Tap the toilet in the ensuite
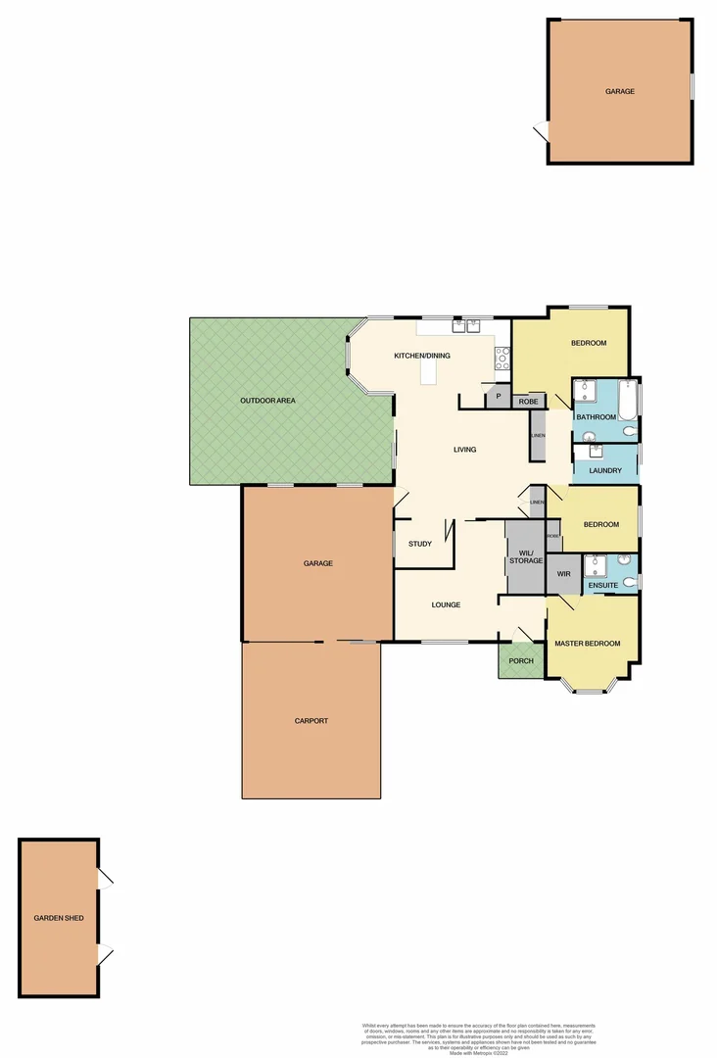click(x=630, y=582)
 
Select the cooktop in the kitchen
click(x=503, y=358)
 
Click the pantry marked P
click(x=498, y=397)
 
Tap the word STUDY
click(x=420, y=544)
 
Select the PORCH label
click(x=521, y=660)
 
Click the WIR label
click(x=563, y=573)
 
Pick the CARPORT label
click(x=311, y=721)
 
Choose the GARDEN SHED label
click(x=59, y=919)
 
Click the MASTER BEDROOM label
click(x=588, y=644)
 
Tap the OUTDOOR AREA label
click(x=268, y=401)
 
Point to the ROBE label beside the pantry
click(x=528, y=401)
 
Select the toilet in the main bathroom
click(x=628, y=429)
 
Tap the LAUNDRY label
click(x=605, y=470)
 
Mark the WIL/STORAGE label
click(x=526, y=555)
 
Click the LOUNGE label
click(x=447, y=604)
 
